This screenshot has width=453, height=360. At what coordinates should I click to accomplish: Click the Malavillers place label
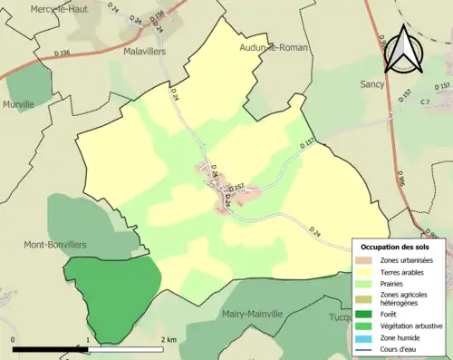point(145,52)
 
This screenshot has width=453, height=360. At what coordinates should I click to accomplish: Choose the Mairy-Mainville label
point(251,315)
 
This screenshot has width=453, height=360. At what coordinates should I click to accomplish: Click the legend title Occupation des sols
point(395,247)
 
